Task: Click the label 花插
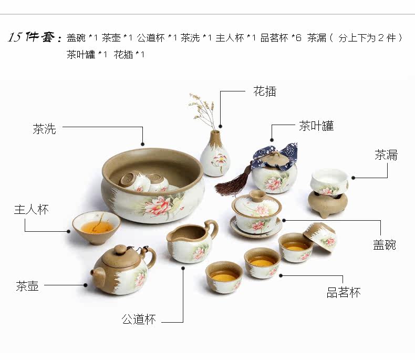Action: (x=264, y=91)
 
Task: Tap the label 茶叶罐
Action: (x=316, y=126)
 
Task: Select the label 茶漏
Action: (x=386, y=155)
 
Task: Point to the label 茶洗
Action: (x=44, y=128)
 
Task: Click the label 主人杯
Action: (x=31, y=209)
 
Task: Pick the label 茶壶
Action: (x=27, y=286)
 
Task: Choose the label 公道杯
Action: (x=139, y=319)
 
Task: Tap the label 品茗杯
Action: (x=344, y=293)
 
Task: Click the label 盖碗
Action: (x=385, y=245)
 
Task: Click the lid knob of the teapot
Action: (x=121, y=248)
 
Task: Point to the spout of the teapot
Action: (x=95, y=272)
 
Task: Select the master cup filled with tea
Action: (x=96, y=227)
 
